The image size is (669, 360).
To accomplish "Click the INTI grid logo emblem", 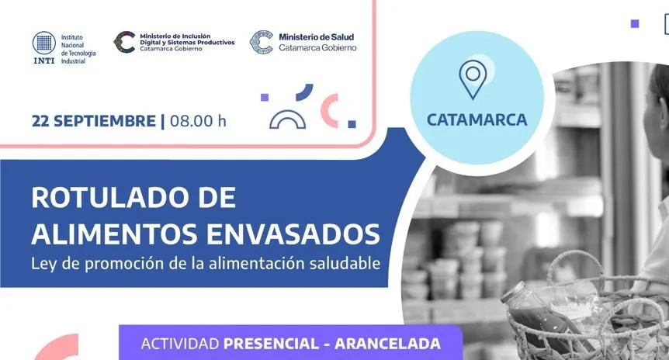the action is (x=44, y=43).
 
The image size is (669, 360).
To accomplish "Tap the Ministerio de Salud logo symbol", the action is (x=261, y=42).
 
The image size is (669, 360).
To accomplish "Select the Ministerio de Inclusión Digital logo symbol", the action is (x=125, y=42).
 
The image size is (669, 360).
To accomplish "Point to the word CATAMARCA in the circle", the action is (x=477, y=119).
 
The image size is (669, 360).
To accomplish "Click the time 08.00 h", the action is (x=198, y=121).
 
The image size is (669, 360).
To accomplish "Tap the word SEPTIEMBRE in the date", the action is (x=105, y=121).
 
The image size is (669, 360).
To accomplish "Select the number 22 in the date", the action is (x=40, y=121).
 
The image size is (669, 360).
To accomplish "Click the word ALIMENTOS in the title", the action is (x=116, y=234).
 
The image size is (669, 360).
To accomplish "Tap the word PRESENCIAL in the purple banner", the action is (x=271, y=344).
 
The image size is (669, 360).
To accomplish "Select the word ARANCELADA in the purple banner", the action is (x=387, y=344).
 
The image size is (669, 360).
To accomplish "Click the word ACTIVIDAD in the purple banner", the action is (x=180, y=344).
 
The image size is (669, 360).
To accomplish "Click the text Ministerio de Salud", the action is (x=316, y=37).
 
